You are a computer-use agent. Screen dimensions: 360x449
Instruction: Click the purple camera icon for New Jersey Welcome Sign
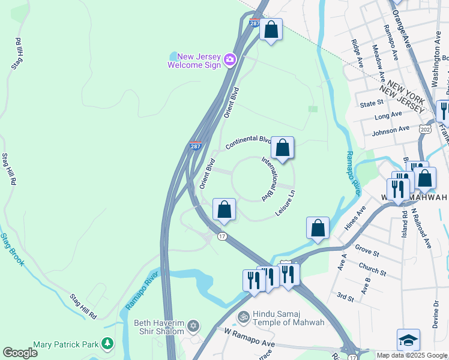coord(230,60)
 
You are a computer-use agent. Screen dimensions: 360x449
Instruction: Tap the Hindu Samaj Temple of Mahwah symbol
coord(244,316)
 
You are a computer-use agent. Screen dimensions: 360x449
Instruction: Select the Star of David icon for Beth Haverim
coord(193,326)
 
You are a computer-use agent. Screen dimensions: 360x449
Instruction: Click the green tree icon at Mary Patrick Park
coord(107,344)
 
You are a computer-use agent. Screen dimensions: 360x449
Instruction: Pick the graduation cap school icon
coord(408,340)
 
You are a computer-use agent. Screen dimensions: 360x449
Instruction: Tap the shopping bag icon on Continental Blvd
coord(282,148)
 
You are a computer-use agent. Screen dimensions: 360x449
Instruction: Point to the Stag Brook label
coord(11,250)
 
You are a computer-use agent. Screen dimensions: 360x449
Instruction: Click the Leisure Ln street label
coord(286,203)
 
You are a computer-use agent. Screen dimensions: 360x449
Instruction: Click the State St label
coord(371,103)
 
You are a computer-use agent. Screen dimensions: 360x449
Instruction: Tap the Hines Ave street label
coord(355,218)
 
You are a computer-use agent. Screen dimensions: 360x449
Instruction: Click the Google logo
coord(20,353)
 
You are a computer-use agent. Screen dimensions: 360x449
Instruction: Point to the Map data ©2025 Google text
coord(412,355)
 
